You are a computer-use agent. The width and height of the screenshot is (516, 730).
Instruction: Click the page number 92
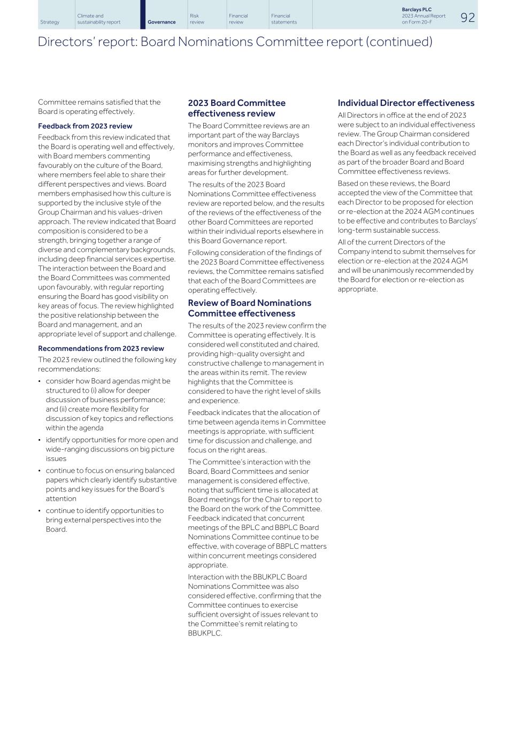point(467,18)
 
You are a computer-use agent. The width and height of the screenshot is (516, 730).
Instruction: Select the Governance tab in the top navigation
point(161,22)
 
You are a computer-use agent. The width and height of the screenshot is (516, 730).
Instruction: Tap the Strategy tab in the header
point(50,22)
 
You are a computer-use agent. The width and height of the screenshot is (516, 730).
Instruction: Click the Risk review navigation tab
point(197,19)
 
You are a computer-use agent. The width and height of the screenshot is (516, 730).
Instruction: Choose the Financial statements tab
point(283,19)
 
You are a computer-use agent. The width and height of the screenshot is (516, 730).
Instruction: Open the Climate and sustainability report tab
point(98,19)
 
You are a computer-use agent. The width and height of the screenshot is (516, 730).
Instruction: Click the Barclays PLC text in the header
point(417,10)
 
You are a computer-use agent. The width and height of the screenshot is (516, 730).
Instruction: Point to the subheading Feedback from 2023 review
point(85,126)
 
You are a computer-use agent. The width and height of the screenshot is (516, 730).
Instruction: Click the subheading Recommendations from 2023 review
point(101,349)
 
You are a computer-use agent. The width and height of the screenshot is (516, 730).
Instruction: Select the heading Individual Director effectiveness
point(406,103)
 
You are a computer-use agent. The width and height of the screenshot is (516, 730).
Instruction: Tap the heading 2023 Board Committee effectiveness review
point(236,108)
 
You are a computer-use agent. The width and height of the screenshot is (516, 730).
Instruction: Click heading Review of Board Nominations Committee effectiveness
point(249,308)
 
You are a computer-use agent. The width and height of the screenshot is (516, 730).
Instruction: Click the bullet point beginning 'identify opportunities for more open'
point(111,449)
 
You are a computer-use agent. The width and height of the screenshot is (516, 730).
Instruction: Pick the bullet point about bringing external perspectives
point(104,520)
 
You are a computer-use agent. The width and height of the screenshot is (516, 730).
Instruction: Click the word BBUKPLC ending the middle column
point(205,633)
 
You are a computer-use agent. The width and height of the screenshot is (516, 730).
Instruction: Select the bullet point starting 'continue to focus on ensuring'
point(111,485)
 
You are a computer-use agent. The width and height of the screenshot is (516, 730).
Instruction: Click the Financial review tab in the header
point(238,19)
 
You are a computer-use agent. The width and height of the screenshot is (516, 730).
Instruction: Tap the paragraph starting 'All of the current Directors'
point(406,266)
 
